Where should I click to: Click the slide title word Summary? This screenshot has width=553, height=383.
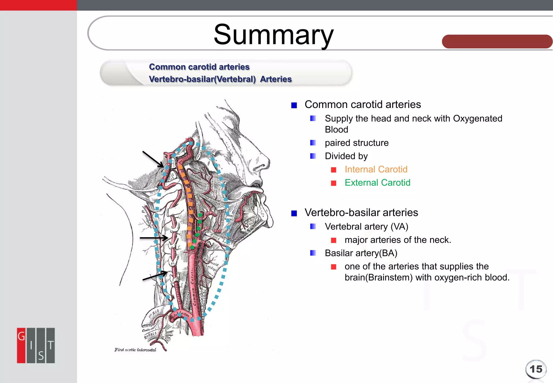[273, 35]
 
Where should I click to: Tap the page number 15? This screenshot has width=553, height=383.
[536, 369]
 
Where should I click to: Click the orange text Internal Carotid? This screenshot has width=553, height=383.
[376, 169]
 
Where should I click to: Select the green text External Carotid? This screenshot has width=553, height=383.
[377, 183]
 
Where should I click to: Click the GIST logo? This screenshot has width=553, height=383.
[36, 345]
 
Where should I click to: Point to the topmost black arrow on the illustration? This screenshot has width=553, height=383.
[153, 159]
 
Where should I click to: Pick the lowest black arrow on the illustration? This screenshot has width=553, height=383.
[155, 276]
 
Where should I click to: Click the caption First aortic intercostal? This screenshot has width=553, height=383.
[135, 350]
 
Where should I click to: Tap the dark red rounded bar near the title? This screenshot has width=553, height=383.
[497, 42]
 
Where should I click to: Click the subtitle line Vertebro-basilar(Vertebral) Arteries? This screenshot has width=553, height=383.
[220, 79]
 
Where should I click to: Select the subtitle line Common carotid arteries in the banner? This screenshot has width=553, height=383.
[199, 67]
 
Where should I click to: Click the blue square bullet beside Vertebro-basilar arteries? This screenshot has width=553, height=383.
[294, 213]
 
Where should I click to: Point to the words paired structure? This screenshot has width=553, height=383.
[356, 143]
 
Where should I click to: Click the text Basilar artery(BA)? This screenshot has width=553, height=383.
[361, 253]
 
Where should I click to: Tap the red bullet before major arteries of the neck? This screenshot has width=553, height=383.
[334, 240]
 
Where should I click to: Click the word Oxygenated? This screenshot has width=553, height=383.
[477, 118]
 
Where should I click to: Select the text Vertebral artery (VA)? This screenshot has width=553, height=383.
[366, 226]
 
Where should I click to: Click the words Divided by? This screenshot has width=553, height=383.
[346, 156]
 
